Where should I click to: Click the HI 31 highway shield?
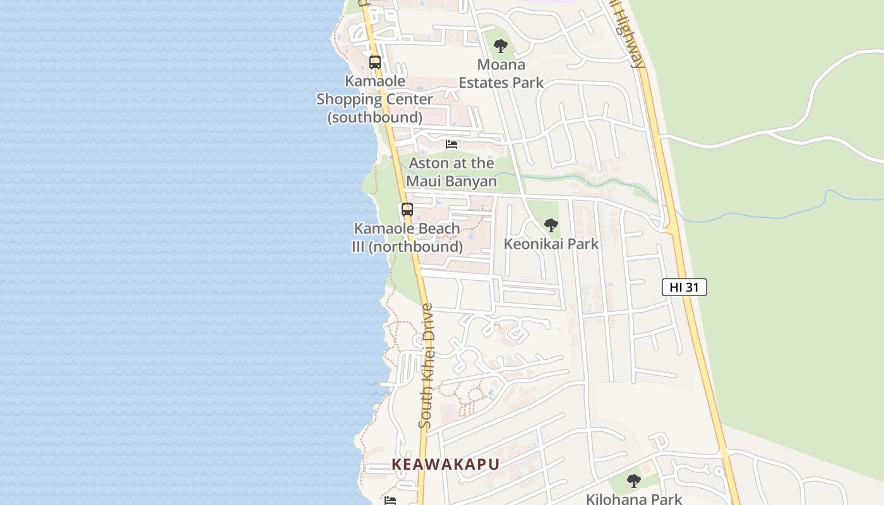pyautogui.click(x=684, y=287)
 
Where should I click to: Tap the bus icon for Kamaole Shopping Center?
pyautogui.click(x=375, y=62)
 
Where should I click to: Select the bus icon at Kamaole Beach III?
pyautogui.click(x=407, y=210)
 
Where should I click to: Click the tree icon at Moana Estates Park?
pyautogui.click(x=501, y=46)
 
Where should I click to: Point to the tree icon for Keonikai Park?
pyautogui.click(x=551, y=225)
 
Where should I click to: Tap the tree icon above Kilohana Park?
pyautogui.click(x=634, y=481)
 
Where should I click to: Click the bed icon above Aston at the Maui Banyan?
pyautogui.click(x=451, y=145)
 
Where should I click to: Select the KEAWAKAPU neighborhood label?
pyautogui.click(x=446, y=465)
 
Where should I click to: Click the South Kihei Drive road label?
pyautogui.click(x=427, y=366)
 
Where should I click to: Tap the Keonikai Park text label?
pyautogui.click(x=551, y=244)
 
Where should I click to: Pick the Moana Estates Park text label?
pyautogui.click(x=501, y=73)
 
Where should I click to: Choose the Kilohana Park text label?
pyautogui.click(x=634, y=499)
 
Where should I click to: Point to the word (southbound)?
pyautogui.click(x=375, y=117)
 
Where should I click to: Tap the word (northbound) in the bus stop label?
pyautogui.click(x=416, y=247)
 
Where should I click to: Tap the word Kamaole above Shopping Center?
pyautogui.click(x=375, y=81)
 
